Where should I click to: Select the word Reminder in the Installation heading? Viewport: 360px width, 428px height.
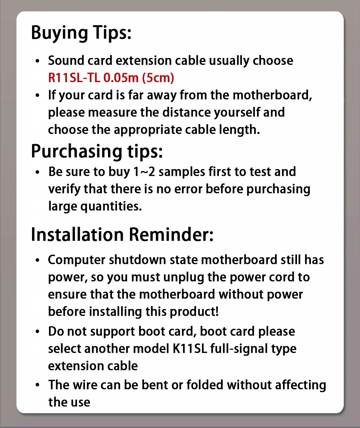(x=171, y=234)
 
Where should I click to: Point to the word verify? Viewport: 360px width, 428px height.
(x=64, y=189)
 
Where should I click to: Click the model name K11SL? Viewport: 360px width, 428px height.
(x=189, y=349)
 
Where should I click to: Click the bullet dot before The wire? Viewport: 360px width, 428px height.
(x=38, y=385)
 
